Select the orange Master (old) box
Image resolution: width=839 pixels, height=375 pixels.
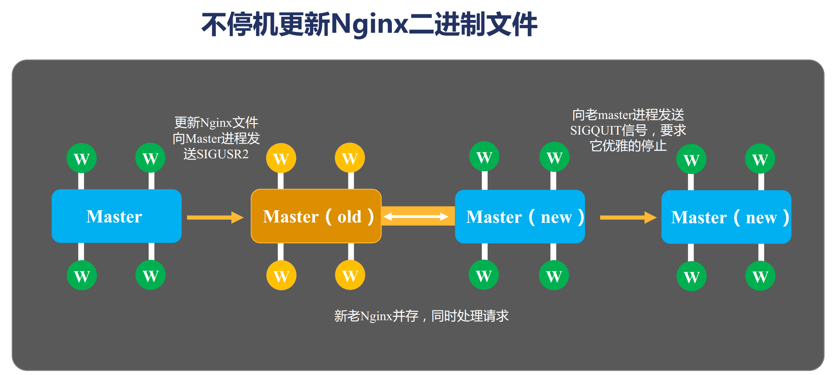click(316, 216)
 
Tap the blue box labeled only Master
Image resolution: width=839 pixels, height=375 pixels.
click(116, 216)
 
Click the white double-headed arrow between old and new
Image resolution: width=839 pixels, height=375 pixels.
click(416, 216)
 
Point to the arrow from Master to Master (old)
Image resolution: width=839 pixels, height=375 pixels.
click(215, 217)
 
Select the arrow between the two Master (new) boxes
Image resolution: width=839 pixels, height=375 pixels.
click(628, 218)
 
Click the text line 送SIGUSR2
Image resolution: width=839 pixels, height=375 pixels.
click(216, 154)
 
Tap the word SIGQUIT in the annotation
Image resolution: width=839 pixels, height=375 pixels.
click(596, 130)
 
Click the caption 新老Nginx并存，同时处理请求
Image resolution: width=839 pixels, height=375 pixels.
click(421, 316)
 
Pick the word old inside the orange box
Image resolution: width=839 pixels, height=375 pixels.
click(349, 217)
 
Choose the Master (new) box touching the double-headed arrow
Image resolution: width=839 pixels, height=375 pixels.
click(520, 217)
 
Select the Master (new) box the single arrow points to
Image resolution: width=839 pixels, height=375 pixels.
click(726, 217)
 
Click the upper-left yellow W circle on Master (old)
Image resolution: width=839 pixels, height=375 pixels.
click(281, 158)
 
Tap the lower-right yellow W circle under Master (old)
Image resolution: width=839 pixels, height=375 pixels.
click(350, 275)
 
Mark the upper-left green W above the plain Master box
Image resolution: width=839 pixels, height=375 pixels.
click(81, 158)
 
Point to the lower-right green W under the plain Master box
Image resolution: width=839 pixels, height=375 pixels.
click(150, 275)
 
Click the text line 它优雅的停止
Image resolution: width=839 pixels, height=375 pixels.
click(628, 146)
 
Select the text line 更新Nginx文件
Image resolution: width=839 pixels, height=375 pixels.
click(216, 122)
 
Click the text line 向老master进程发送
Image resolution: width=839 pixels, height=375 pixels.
click(628, 115)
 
